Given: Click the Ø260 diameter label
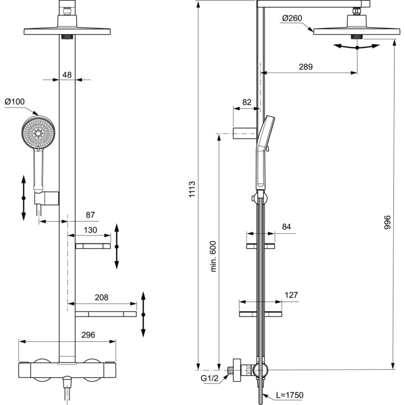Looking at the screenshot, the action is [292, 18].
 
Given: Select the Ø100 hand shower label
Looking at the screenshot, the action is [14, 101].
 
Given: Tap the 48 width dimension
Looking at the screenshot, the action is [67, 75].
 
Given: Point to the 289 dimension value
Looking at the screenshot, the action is [305, 67].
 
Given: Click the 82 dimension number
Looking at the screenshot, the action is [246, 102].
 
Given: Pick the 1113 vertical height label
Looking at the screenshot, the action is [192, 189].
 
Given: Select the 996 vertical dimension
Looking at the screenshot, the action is [388, 222].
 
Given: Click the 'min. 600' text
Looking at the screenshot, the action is [213, 256].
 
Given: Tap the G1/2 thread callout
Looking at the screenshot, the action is [209, 378].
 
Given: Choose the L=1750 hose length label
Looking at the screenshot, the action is [289, 395].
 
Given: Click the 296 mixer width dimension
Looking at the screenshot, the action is [88, 335].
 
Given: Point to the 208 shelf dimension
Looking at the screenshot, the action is [101, 297].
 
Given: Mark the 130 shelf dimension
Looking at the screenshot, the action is [90, 230].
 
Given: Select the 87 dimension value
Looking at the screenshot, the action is [90, 215].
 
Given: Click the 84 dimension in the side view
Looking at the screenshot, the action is [286, 227].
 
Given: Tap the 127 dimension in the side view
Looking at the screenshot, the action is [291, 295].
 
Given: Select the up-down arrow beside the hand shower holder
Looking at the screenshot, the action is [24, 198].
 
